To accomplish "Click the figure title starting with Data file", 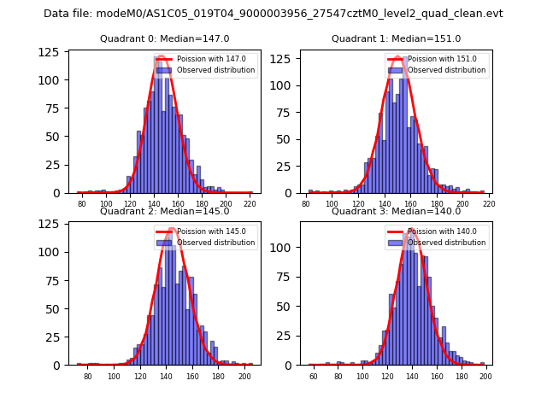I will [273, 14].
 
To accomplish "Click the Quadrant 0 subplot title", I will [165, 39].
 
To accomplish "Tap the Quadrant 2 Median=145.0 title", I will [165, 212].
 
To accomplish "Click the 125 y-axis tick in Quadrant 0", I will [54, 52].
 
